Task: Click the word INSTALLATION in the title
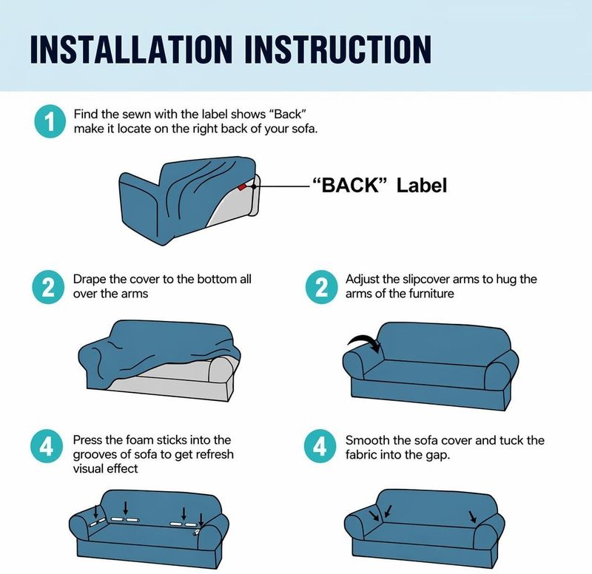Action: pos(131,49)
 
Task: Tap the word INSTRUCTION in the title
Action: pos(338,49)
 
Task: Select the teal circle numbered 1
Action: pos(50,121)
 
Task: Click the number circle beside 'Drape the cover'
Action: pos(48,287)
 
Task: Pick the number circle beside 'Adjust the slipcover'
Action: pos(321,287)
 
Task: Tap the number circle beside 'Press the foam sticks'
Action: pos(47,447)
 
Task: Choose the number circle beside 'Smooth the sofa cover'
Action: pos(320,447)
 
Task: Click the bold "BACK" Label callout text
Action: pos(380,186)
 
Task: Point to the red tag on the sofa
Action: pos(242,186)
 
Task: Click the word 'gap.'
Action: pos(438,456)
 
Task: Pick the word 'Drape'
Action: pos(90,280)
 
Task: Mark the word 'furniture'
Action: pos(430,294)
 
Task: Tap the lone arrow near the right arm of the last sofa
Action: pos(472,517)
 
